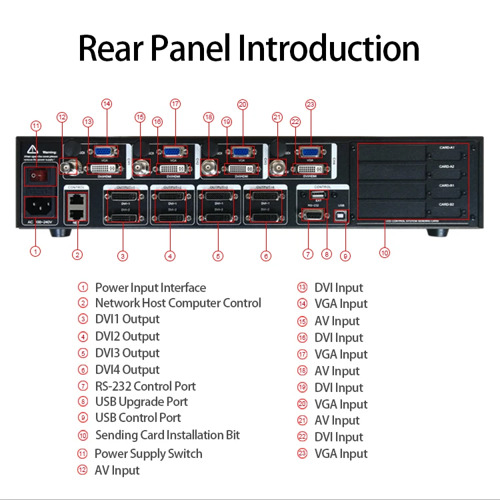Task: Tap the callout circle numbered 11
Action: (x=36, y=125)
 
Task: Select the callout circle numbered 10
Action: (x=384, y=253)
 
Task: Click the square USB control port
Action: (x=341, y=217)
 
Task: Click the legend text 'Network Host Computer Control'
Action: (x=178, y=303)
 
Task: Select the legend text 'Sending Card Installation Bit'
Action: (x=167, y=435)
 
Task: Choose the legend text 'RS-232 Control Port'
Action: (x=145, y=386)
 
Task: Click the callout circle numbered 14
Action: (x=107, y=104)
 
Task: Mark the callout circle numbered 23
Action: (x=310, y=104)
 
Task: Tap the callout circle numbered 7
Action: (x=307, y=253)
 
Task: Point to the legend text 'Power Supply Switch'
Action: (x=148, y=454)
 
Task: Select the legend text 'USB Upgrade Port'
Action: (x=141, y=402)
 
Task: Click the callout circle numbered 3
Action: (x=122, y=255)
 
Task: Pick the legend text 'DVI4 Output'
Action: (x=127, y=370)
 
